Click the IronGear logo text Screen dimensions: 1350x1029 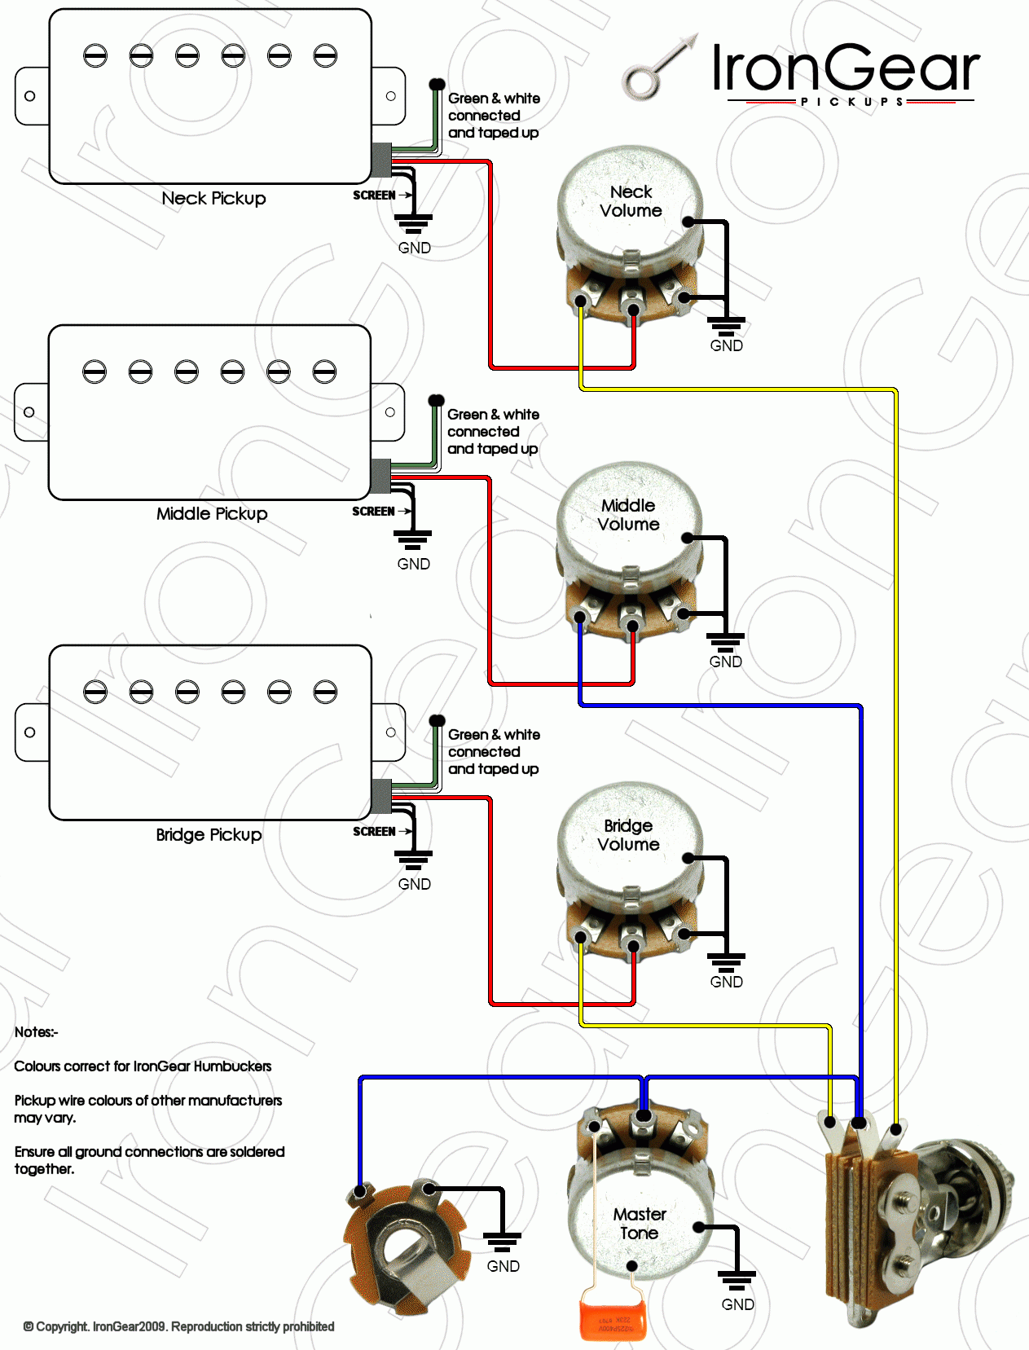coord(845,68)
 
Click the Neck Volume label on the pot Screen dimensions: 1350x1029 coord(631,201)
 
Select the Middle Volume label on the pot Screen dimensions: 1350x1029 coord(628,515)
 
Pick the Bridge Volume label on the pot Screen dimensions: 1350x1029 coord(628,835)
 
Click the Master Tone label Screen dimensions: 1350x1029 coord(640,1224)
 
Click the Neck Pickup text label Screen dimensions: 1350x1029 coord(213,199)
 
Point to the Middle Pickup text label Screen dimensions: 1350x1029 coord(212,514)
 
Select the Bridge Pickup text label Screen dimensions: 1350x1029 coord(209,835)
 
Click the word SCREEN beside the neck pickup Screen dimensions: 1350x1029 coord(374,196)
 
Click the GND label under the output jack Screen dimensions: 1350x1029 coord(503,1266)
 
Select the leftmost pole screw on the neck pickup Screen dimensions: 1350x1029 coord(95,56)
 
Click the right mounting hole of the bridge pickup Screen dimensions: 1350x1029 coord(391,732)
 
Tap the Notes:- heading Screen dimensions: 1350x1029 coord(36,1032)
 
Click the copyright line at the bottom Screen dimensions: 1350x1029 coord(179,1326)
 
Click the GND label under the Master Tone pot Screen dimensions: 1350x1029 coord(737,1304)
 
